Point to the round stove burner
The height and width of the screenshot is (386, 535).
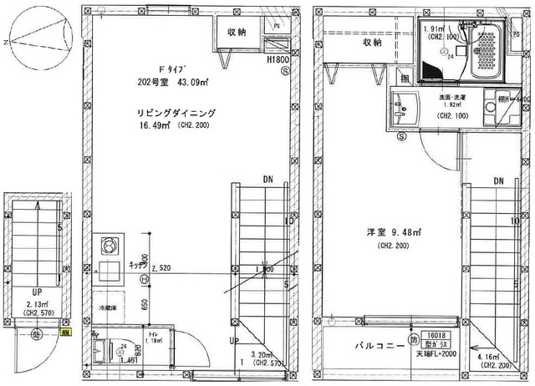[109, 246]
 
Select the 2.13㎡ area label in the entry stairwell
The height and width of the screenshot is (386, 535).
[34, 304]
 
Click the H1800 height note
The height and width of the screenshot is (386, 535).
[278, 61]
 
